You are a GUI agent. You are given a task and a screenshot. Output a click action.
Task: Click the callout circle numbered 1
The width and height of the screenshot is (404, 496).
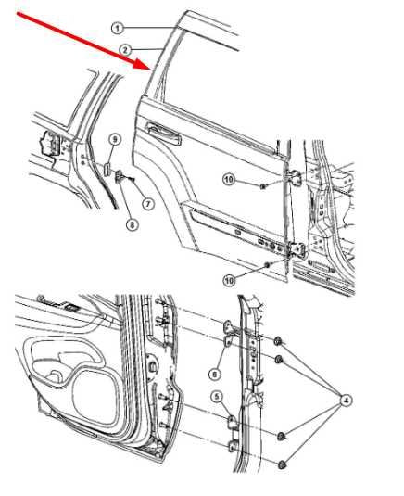point(118,29)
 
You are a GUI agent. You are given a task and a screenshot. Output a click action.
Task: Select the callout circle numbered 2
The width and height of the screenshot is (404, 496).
point(125,50)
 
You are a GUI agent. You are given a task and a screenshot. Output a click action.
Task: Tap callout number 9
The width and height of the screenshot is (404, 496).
point(115,139)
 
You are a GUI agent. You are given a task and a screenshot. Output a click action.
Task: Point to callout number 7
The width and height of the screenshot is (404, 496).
point(148,204)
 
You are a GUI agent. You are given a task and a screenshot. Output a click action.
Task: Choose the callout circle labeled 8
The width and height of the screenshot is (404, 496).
point(133,225)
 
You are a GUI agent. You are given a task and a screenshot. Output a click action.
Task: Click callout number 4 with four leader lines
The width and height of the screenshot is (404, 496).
point(346,401)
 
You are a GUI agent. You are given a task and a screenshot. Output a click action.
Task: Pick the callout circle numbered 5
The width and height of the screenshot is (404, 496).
point(217,397)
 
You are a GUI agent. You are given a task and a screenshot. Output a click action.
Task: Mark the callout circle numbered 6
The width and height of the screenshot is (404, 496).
point(215,375)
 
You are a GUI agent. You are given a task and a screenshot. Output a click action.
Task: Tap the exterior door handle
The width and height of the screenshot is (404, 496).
point(163,134)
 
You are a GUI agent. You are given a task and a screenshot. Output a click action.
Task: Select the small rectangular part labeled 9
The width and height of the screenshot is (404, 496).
point(107,170)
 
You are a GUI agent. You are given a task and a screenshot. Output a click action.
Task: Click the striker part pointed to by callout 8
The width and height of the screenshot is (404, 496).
point(120,176)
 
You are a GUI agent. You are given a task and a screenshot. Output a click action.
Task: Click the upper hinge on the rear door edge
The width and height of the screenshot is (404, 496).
point(296,177)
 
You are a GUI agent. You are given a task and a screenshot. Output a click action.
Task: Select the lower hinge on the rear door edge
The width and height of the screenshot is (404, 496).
point(297,250)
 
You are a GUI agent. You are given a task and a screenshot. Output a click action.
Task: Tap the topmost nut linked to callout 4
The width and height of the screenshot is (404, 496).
point(278,341)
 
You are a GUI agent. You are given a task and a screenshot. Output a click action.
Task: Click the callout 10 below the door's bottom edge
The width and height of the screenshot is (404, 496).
point(229,280)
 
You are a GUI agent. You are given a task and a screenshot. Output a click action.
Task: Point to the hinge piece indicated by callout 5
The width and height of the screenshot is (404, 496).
point(233,422)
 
